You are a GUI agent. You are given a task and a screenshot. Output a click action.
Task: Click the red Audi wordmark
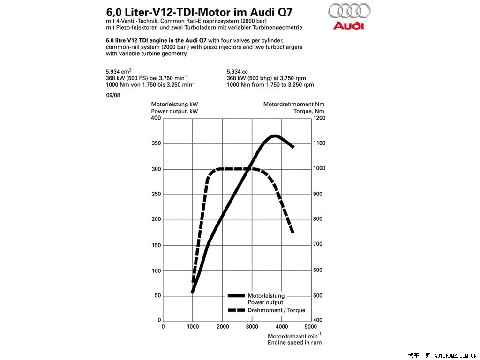pyautogui.click(x=348, y=25)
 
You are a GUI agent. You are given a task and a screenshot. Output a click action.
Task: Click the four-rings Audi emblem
pyautogui.click(x=349, y=10)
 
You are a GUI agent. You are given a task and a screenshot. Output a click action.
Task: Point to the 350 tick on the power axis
pyautogui.click(x=156, y=143)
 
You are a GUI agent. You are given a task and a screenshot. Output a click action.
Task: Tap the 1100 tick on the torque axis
pyautogui.click(x=320, y=143)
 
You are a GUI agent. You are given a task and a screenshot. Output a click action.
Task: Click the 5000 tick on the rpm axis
pyautogui.click(x=311, y=326)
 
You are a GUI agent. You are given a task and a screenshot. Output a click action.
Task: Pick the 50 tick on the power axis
pyautogui.click(x=157, y=296)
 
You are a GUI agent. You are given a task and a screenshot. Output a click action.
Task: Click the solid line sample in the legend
pyautogui.click(x=236, y=296)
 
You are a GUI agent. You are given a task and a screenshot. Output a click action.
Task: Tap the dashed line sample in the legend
pyautogui.click(x=236, y=310)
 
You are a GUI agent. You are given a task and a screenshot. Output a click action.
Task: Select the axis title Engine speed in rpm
pyautogui.click(x=294, y=343)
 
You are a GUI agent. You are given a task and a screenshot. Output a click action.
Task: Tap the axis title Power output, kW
pyautogui.click(x=174, y=111)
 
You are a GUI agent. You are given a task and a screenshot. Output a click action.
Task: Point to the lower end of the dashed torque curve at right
pyautogui.click(x=292, y=232)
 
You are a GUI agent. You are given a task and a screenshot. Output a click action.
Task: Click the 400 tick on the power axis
pyautogui.click(x=156, y=118)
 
